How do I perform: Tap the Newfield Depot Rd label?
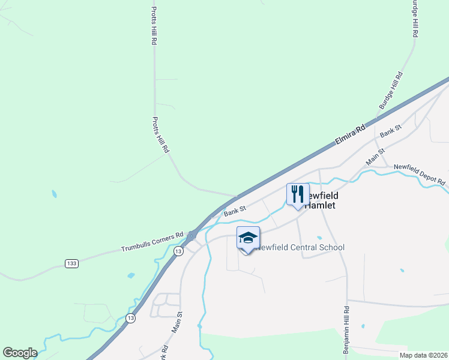(x=420, y=175)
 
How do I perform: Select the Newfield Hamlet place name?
(x=321, y=200)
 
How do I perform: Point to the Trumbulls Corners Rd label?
(x=152, y=241)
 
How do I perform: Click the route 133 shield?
(x=71, y=263)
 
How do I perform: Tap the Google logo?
(x=20, y=353)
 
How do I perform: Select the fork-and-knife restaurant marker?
(x=298, y=194)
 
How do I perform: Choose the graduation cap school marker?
(x=248, y=238)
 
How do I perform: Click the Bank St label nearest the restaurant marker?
(x=235, y=211)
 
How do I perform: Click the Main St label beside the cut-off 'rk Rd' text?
(x=177, y=322)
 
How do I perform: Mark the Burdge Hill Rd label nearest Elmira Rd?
(x=391, y=91)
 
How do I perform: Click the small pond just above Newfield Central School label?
(x=319, y=238)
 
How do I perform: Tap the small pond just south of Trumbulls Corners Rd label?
(x=131, y=275)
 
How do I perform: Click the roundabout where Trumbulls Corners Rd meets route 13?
(x=192, y=236)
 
